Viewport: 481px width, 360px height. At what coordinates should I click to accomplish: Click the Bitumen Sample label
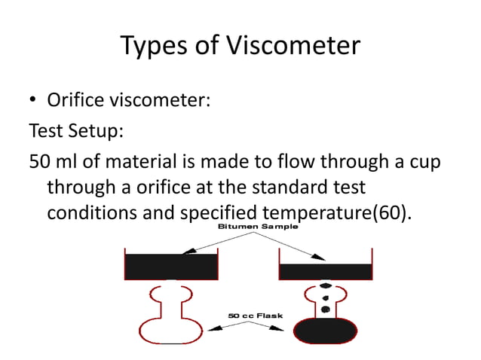[x=258, y=226]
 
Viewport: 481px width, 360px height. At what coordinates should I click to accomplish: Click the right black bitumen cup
[x=326, y=271]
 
